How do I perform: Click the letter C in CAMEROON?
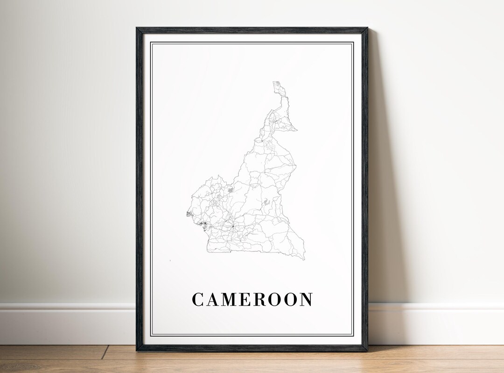[x=198, y=300]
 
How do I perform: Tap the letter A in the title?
[x=214, y=300]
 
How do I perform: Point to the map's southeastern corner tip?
[x=304, y=259]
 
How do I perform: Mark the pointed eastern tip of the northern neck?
[x=297, y=130]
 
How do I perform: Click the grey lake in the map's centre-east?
[x=266, y=201]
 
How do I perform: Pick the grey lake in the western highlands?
[x=230, y=190]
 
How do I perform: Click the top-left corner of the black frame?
[x=137, y=28]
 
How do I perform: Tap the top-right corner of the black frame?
[x=367, y=28]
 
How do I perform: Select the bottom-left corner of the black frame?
[x=137, y=350]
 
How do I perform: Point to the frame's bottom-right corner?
[x=367, y=350]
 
